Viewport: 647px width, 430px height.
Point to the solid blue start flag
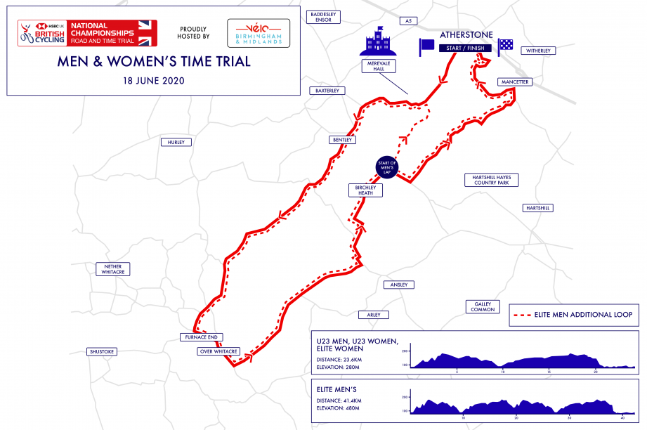(x=427, y=46)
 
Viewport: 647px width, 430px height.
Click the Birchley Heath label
(x=365, y=190)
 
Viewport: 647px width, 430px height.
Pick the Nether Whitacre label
(x=113, y=269)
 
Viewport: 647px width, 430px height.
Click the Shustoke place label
(x=101, y=351)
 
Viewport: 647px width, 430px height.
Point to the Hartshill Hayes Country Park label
(x=491, y=180)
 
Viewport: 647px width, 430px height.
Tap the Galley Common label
(x=483, y=306)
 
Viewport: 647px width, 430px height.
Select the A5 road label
(x=407, y=21)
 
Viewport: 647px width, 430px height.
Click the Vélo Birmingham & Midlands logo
(x=259, y=33)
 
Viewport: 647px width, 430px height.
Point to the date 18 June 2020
(x=153, y=81)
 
